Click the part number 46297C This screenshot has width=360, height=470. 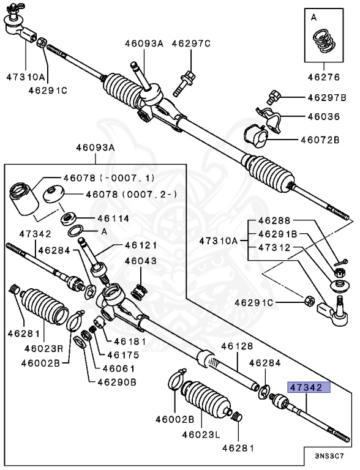tap(191, 44)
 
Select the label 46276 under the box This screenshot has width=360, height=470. tap(324, 77)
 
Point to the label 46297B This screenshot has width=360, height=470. tap(327, 97)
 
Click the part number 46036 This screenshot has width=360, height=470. tap(324, 116)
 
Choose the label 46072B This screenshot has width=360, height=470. tap(320, 140)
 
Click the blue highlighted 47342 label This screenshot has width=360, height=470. tap(309, 387)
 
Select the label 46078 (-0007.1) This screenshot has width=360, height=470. tap(109, 178)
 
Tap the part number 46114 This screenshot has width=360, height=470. tap(113, 218)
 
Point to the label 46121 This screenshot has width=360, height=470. tap(141, 245)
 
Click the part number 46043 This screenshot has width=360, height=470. tap(141, 261)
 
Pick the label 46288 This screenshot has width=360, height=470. tap(274, 220)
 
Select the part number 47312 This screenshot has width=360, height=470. tap(274, 248)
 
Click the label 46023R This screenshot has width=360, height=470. tap(44, 349)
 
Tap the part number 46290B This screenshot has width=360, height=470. tap(117, 382)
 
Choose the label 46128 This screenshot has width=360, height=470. tap(237, 346)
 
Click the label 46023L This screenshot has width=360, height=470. tap(201, 435)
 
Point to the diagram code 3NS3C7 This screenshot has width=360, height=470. tap(329, 456)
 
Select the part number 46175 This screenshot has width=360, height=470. tap(123, 355)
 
